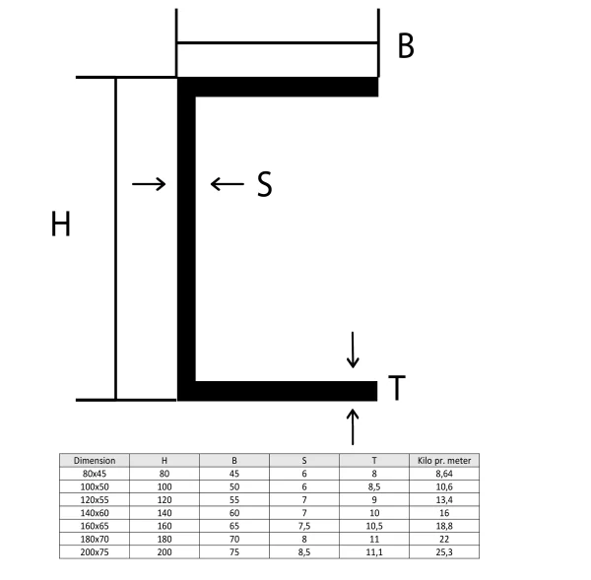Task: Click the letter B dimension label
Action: click(406, 45)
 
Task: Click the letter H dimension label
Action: click(61, 226)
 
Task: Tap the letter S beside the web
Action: click(264, 184)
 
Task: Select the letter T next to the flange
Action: click(395, 390)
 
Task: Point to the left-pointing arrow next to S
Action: click(227, 184)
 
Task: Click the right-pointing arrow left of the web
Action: click(149, 184)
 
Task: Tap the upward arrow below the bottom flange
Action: click(354, 426)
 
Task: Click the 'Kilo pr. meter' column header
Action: click(444, 460)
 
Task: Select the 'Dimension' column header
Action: click(95, 460)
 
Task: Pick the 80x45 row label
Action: click(95, 473)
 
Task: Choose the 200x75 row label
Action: click(95, 552)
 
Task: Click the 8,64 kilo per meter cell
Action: click(444, 473)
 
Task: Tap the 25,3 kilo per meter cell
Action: click(444, 552)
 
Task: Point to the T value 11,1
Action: click(374, 552)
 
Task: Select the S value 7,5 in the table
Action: click(304, 526)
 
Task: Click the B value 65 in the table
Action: click(234, 526)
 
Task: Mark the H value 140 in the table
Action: click(164, 513)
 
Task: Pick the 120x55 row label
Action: click(95, 499)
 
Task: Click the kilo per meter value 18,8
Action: click(444, 526)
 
